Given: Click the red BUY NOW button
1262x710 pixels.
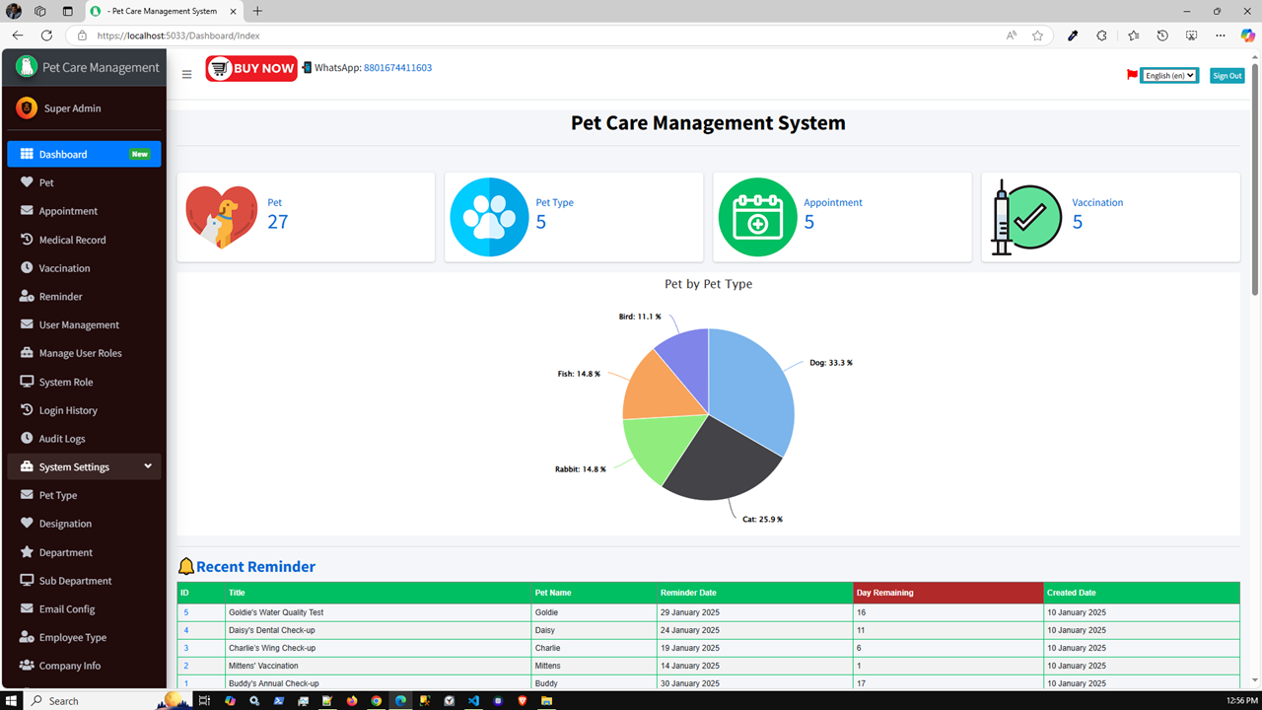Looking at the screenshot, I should pos(251,68).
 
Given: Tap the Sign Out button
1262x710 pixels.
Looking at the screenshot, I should pos(1227,76).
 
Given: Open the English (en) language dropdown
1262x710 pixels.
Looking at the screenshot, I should pos(1169,76).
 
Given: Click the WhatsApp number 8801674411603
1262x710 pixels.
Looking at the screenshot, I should pos(397,68).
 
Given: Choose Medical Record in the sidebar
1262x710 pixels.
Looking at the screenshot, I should pos(72,240).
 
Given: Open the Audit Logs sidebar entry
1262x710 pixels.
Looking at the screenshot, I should pos(62,439).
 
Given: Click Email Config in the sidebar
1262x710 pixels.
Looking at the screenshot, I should pos(67,609).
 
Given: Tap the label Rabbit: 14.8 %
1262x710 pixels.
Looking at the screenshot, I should pos(580,469).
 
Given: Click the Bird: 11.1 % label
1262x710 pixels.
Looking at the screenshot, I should pos(640,317).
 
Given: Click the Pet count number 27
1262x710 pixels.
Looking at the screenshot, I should pos(278,222).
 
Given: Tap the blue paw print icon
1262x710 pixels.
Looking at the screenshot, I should pos(489,217).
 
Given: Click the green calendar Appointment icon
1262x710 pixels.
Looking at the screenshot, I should pos(757,217).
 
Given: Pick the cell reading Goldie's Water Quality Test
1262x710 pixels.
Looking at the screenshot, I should pos(276,612).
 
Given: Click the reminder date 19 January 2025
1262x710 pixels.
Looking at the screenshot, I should pos(689,648).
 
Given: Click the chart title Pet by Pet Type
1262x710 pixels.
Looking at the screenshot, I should pos(708,284).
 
